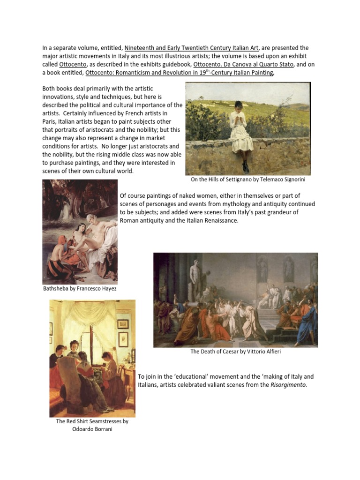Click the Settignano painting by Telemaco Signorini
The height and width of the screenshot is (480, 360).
coord(248,128)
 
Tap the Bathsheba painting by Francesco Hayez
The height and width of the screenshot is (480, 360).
coord(80,232)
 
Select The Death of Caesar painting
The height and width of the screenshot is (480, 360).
coord(235,300)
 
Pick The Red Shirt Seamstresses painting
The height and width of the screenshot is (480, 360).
coord(92,358)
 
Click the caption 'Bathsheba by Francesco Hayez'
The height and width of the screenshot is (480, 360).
coord(80,289)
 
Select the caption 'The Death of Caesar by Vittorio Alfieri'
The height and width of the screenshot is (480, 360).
coord(235,352)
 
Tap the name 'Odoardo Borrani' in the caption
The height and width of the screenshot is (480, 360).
coord(92,429)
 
